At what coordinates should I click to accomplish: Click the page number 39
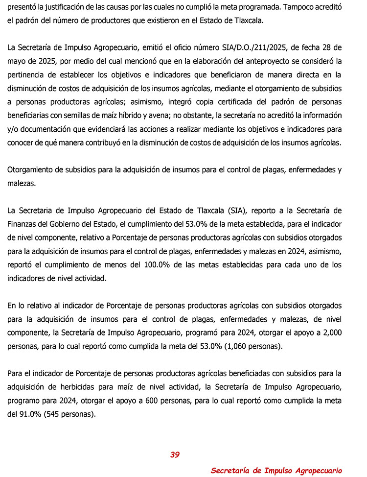coord(175,454)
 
